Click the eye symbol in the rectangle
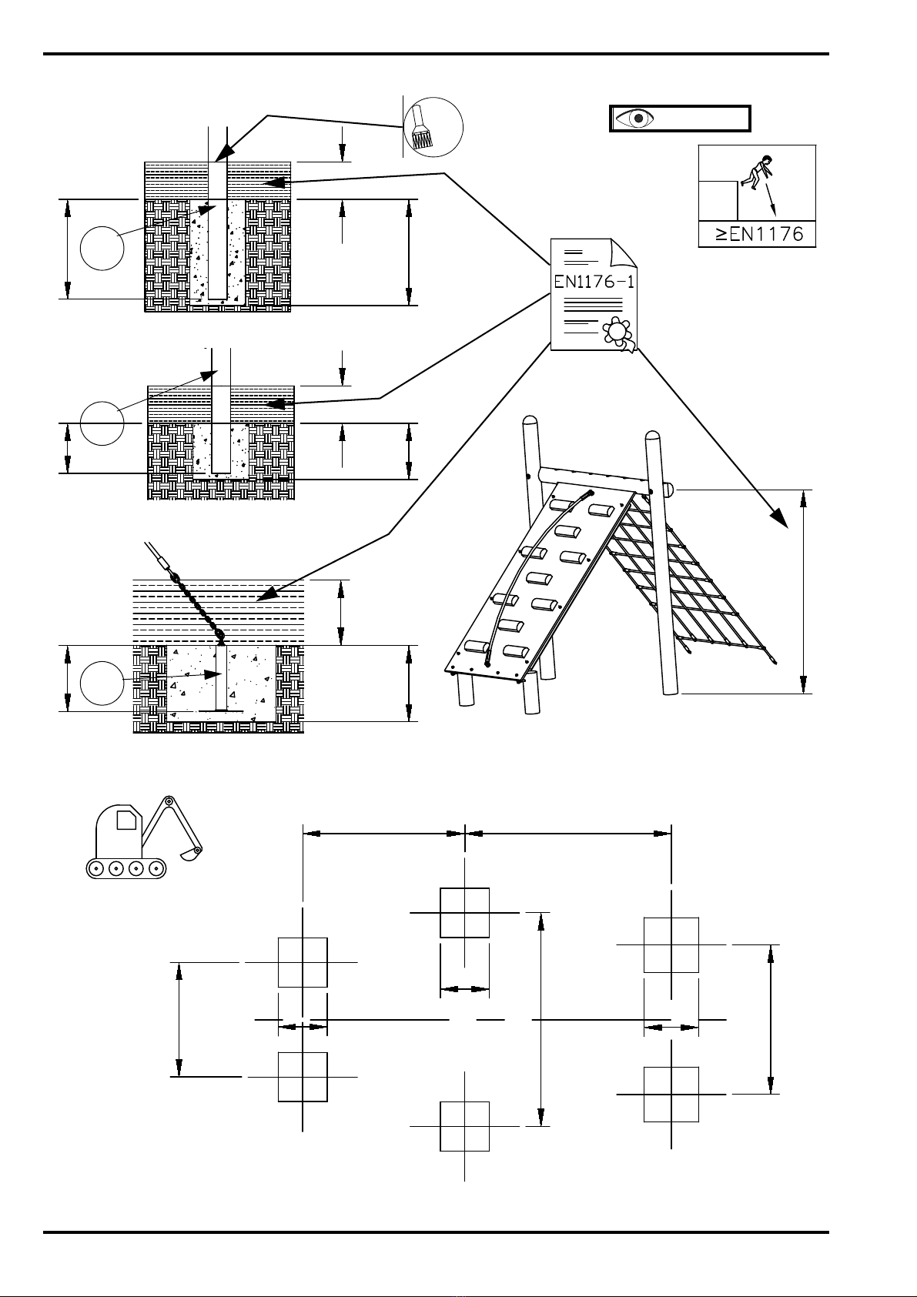coord(634,118)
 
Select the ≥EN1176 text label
coord(759,234)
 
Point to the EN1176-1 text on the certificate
coord(594,282)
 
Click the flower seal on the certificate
coord(617,331)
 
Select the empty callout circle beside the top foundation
coord(102,248)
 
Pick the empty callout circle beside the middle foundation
coord(102,423)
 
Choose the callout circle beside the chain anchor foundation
coord(102,684)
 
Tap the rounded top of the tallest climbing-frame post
coord(530,420)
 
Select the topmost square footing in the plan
coord(464,913)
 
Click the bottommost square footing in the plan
coord(464,1126)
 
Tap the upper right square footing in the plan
coord(671,945)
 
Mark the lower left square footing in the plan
coord(303,1077)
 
